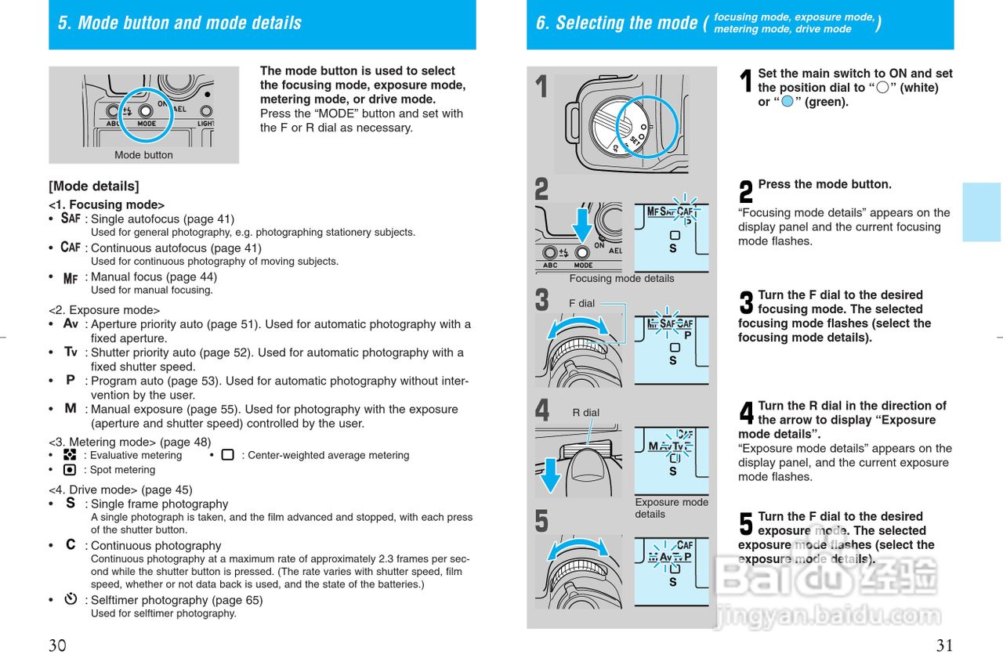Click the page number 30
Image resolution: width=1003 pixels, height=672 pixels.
pos(57,646)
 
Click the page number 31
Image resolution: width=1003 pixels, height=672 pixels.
pos(944,646)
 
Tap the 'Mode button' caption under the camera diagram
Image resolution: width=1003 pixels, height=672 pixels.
pos(143,155)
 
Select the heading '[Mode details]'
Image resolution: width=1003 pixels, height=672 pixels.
pos(94,186)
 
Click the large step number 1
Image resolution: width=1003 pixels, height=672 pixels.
pos(541,87)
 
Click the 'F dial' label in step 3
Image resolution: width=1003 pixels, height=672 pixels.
pos(581,303)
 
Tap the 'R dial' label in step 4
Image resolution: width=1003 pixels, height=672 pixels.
pos(585,413)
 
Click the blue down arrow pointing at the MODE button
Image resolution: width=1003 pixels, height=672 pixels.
pos(581,220)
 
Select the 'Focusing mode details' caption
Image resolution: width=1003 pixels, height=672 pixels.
pos(621,279)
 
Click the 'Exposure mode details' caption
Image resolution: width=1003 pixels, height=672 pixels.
pos(671,508)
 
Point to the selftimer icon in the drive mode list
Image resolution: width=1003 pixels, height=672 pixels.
pos(71,600)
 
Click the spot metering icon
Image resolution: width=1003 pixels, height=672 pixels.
pos(70,470)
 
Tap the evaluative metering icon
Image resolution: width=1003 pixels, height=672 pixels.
pos(70,455)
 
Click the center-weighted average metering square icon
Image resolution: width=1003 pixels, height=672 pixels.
pos(227,455)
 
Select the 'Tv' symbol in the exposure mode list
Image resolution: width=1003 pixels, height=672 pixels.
pos(71,352)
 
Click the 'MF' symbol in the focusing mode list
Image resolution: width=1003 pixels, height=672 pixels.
pos(71,277)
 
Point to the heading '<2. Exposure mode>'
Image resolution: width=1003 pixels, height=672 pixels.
pos(104,310)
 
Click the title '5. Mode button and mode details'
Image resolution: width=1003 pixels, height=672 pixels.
pos(179,23)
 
